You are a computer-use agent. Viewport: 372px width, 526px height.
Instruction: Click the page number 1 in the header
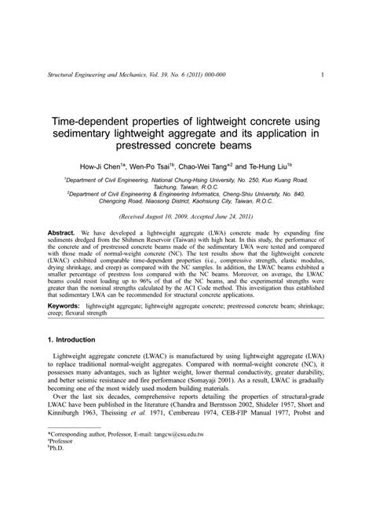(x=323, y=75)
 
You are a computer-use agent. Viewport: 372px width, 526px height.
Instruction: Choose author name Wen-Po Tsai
(x=156, y=168)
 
